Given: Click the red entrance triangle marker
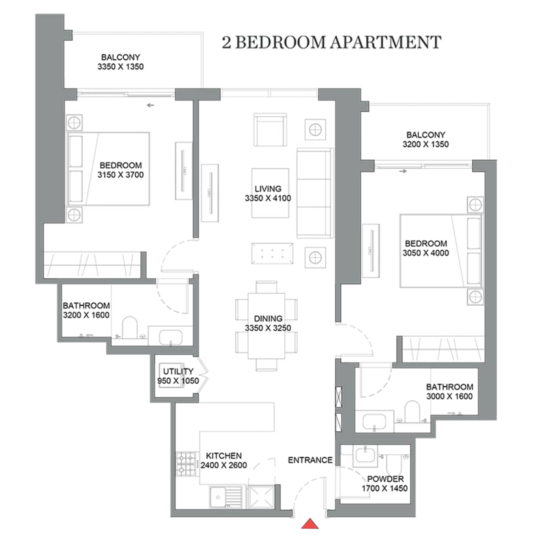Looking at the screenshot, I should point(310,524).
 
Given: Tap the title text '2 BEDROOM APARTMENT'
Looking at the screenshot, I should point(332,42).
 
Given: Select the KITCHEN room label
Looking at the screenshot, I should point(224,456).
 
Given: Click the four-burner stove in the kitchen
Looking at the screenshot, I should point(187,463).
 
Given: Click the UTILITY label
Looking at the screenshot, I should point(178,371).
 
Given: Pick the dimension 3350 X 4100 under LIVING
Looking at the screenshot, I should point(268,199).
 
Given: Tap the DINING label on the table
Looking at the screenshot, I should point(268,319).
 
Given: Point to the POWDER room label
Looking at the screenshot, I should point(385,479).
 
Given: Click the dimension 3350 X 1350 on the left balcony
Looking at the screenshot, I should point(121,67).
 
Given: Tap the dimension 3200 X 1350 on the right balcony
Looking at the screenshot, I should point(425,144).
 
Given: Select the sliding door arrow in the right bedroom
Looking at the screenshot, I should point(403,171).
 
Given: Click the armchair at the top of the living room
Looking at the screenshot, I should point(270,130).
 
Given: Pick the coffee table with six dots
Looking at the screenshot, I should point(272,254).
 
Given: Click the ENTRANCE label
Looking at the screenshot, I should point(310,460).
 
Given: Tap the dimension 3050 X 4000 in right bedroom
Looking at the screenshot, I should point(425,253).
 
